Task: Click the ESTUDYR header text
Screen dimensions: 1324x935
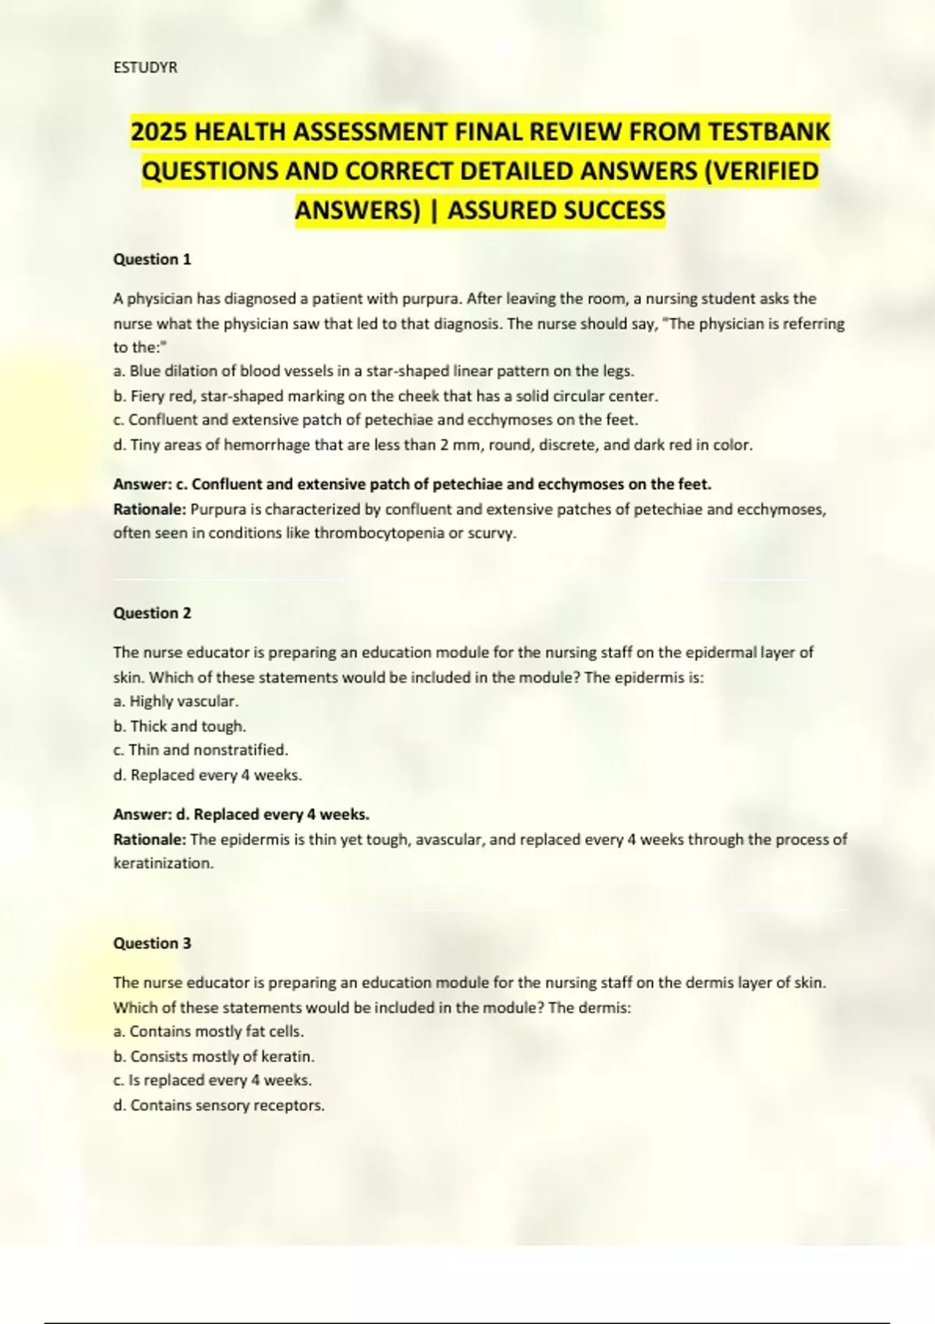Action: [146, 68]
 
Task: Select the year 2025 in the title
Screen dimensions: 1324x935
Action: [158, 132]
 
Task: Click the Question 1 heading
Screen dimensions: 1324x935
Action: [152, 259]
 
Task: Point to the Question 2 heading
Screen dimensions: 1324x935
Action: [152, 613]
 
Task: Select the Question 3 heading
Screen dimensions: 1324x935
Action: [152, 943]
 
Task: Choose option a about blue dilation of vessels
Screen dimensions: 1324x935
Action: [373, 371]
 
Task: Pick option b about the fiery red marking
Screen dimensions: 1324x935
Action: [385, 396]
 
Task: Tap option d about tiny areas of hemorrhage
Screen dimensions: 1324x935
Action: [432, 445]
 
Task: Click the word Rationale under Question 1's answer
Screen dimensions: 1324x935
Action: [150, 509]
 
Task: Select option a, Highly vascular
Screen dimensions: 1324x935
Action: [176, 702]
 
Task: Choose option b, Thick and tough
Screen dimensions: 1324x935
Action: [180, 727]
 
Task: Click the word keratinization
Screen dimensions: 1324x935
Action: [162, 864]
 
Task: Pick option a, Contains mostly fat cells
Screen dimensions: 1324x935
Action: [209, 1032]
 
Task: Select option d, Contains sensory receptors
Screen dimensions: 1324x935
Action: [219, 1106]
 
